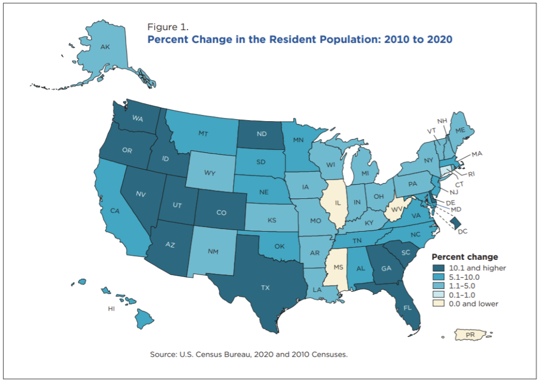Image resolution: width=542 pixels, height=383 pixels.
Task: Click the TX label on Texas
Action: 265,288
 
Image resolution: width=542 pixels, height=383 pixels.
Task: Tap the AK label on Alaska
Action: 105,47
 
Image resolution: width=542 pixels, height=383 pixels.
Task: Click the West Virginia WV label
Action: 394,210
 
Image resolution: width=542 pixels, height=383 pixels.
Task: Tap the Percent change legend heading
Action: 465,257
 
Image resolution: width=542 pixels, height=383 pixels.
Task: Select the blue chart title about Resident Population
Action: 300,39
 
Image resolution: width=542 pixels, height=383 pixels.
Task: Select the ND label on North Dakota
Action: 261,134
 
